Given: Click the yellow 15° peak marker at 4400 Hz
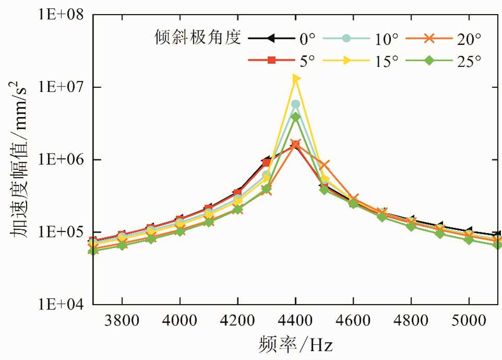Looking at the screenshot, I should (x=296, y=78).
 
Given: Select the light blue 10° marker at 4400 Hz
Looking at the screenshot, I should (x=296, y=104).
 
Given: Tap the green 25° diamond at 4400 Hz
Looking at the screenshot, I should (x=296, y=117).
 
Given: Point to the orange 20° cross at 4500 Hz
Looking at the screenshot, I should (x=324, y=165).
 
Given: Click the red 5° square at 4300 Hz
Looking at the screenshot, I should (x=266, y=163).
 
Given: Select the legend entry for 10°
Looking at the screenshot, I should (x=361, y=38).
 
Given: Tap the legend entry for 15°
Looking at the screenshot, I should (x=361, y=61).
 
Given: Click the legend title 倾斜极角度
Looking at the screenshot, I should (x=198, y=37).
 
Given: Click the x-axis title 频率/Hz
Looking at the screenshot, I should (x=296, y=345).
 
